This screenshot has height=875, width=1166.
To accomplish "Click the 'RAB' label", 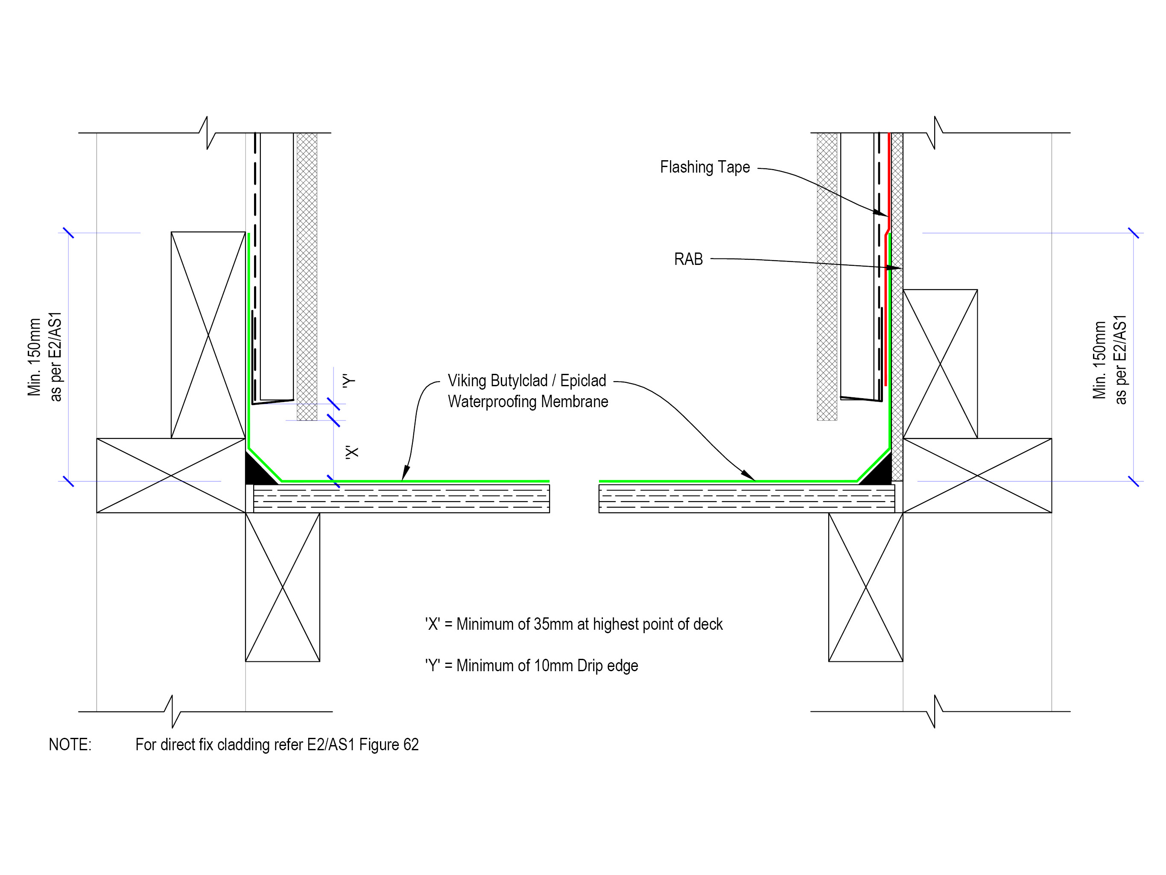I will point(688,259).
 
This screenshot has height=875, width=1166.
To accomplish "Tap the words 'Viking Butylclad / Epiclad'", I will point(526,380).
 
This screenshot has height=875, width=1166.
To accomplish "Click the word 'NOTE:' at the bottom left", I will point(70,744).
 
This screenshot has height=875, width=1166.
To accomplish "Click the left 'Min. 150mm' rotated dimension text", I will point(34,357).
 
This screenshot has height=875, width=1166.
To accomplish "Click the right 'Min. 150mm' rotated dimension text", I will point(1099,360).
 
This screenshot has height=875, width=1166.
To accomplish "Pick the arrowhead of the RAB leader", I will point(894,268).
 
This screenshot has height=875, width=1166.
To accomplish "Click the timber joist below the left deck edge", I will point(283,587).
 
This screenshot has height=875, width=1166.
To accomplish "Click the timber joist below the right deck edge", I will point(865,587).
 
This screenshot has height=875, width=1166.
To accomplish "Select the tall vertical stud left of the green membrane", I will point(208,335).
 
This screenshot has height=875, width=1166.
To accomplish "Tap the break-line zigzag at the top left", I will point(207,132).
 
